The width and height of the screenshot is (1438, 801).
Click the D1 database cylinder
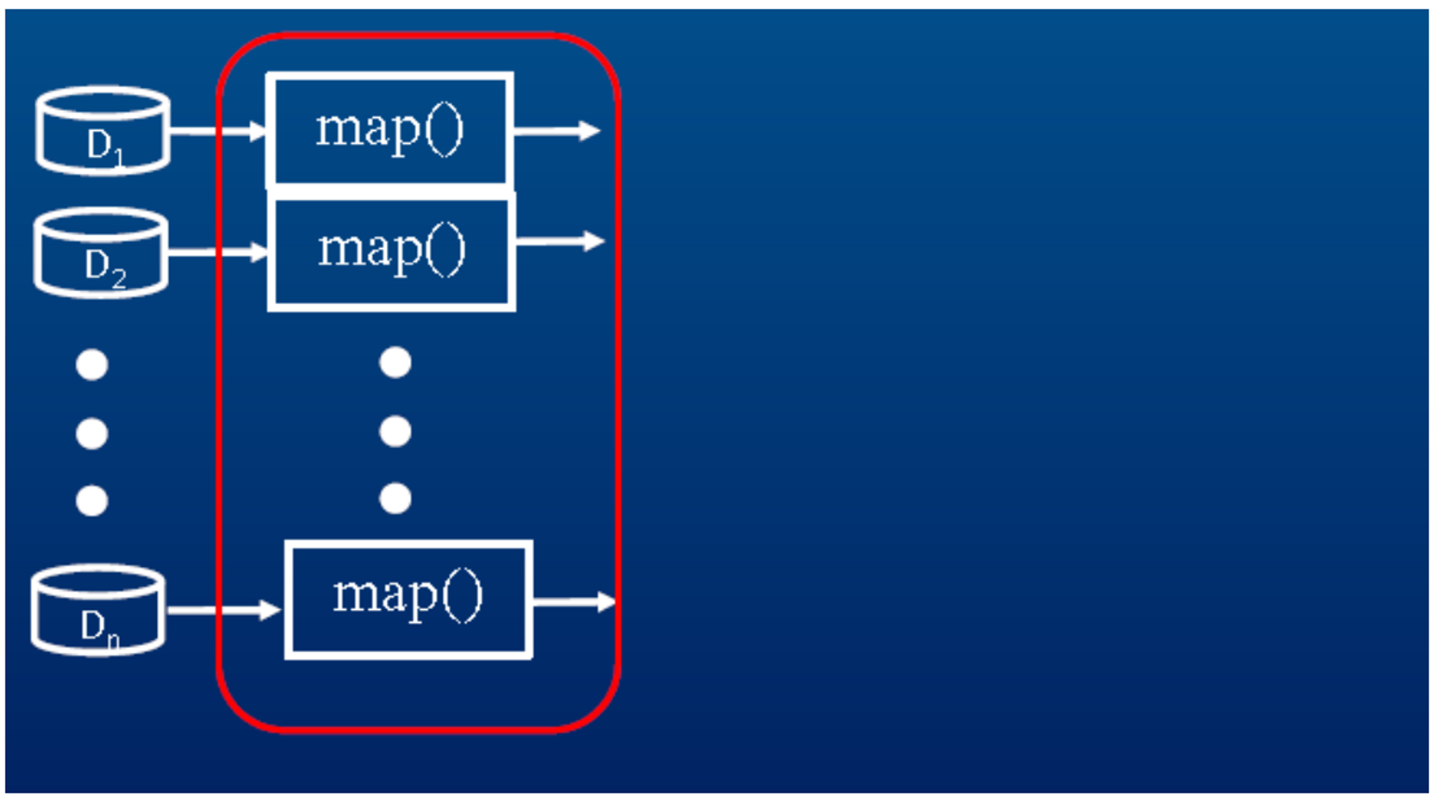103,131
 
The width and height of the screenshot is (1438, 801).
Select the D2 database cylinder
101,253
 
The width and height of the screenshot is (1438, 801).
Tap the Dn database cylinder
97,610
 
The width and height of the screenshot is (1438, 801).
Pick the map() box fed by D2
392,251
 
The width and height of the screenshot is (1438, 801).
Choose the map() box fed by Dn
409,599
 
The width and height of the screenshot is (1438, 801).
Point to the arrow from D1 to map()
218,131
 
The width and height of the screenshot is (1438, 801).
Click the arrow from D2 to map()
218,252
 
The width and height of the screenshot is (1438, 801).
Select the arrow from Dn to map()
223,610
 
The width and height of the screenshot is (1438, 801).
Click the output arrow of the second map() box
559,241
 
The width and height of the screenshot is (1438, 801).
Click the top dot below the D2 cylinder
92,365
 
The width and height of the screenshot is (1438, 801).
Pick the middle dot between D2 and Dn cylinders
92,433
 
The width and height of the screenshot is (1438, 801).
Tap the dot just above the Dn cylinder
92,500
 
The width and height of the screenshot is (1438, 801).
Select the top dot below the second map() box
395,362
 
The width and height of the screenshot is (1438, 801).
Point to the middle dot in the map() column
395,431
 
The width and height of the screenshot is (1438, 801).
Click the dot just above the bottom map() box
395,499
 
